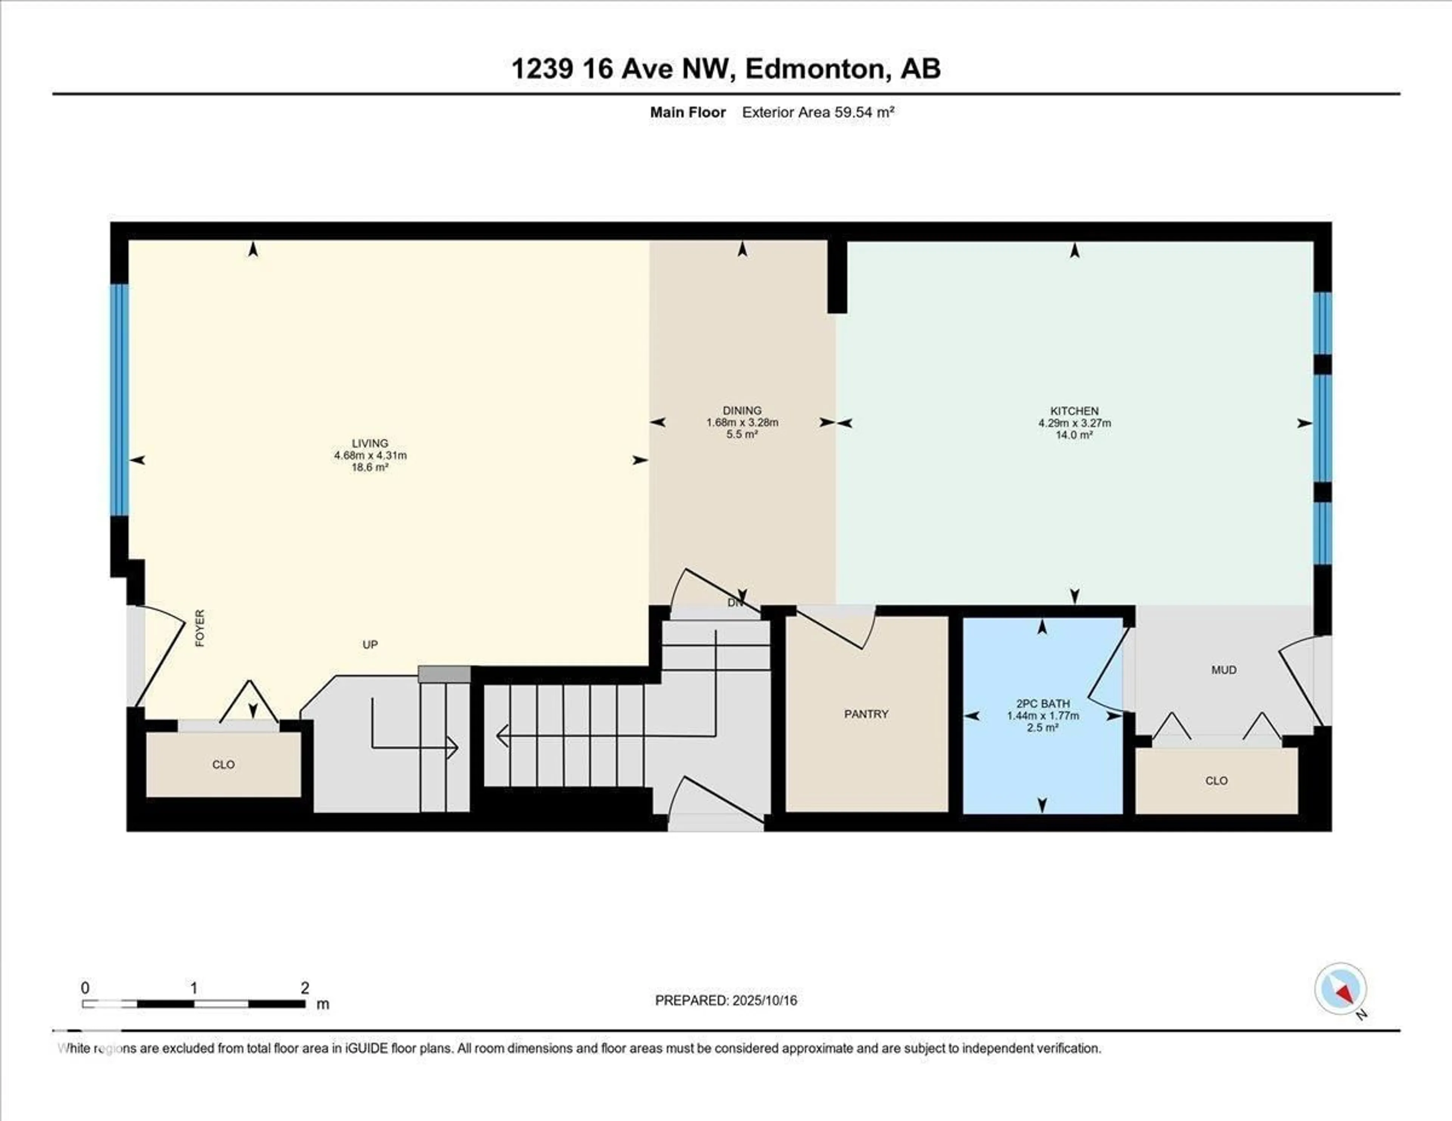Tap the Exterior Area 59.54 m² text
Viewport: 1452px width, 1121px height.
coord(818,112)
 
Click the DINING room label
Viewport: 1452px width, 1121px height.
coord(742,411)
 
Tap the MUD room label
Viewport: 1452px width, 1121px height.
coord(1223,670)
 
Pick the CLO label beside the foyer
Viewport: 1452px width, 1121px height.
coord(223,764)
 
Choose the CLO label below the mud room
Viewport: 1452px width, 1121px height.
coord(1216,781)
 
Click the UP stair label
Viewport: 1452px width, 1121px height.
coord(370,644)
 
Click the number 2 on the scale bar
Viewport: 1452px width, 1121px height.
coord(304,988)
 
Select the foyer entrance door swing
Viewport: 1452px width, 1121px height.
coord(160,655)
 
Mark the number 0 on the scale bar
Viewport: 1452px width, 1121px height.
coord(85,988)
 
